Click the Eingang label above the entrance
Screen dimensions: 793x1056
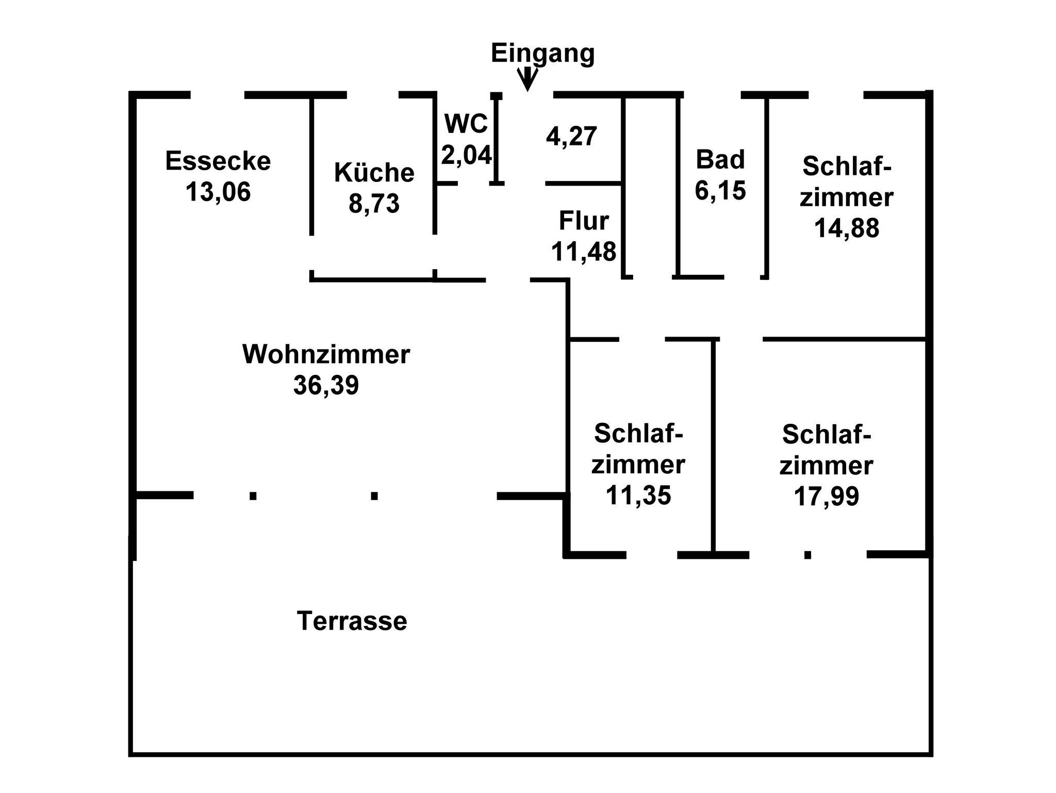[x=542, y=54]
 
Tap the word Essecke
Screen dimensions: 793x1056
[x=218, y=161]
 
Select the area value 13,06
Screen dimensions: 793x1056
[x=218, y=192]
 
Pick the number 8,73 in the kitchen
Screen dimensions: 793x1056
[x=374, y=203]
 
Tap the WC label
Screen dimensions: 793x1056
[x=466, y=124]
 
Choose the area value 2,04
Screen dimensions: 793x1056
[x=466, y=154]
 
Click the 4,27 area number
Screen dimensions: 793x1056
[x=571, y=137]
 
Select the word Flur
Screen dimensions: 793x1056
[x=584, y=221]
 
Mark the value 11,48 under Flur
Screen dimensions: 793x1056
[x=584, y=252]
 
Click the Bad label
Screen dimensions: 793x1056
[x=720, y=159]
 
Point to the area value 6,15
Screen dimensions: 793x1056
[x=720, y=190]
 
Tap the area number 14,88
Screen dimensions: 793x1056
[x=846, y=228]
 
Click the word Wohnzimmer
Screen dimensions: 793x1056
[x=326, y=354]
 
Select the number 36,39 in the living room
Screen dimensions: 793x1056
[x=326, y=385]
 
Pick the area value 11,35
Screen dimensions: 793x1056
[x=638, y=495]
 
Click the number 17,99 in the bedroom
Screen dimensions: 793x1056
[x=826, y=497]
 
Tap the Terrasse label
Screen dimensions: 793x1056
[x=352, y=621]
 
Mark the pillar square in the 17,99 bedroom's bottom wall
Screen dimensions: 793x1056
[x=807, y=555]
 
